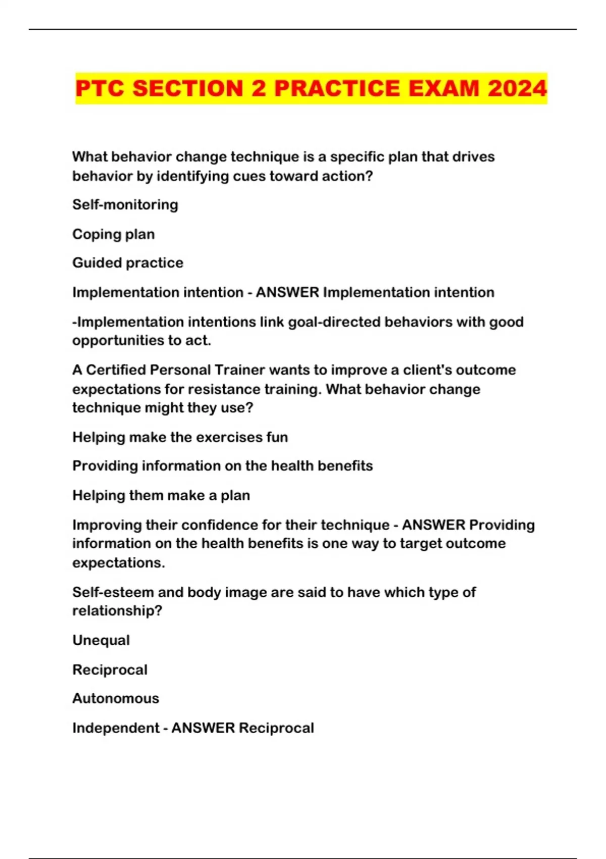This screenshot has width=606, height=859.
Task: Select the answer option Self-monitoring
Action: (x=125, y=205)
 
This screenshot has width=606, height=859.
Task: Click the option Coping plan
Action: (x=114, y=234)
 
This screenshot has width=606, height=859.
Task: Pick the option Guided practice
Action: (x=128, y=263)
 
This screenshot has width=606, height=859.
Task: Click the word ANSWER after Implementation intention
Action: (x=287, y=292)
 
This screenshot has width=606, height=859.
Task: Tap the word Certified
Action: (x=116, y=370)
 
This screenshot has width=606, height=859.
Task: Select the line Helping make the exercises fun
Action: (x=180, y=437)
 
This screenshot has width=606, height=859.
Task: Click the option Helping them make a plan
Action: (x=161, y=495)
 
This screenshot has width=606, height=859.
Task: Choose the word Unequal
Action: (x=101, y=640)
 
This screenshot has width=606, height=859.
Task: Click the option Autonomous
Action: (x=116, y=698)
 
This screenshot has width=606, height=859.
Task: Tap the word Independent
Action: (x=116, y=728)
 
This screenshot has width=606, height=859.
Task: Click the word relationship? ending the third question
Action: (x=117, y=611)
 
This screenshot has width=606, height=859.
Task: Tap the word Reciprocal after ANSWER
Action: (x=276, y=728)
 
